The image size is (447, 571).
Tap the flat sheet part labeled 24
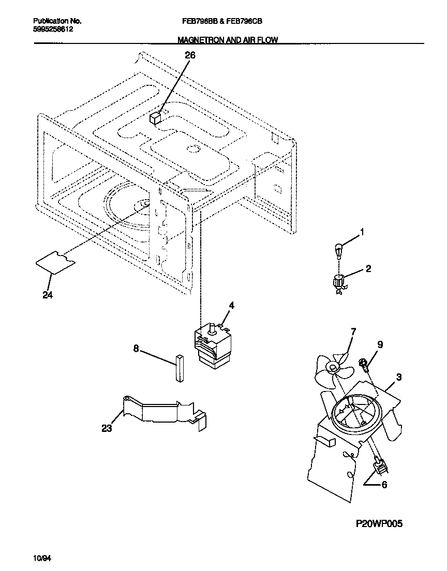55,262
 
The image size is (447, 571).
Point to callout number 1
362,233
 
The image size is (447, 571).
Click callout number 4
231,306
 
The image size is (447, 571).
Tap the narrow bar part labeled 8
179,368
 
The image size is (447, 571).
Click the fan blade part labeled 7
331,368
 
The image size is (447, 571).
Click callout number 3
399,377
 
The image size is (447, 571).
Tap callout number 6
383,485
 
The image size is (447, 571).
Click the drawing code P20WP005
379,524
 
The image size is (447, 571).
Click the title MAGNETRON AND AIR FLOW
228,40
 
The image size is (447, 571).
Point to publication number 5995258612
53,29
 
